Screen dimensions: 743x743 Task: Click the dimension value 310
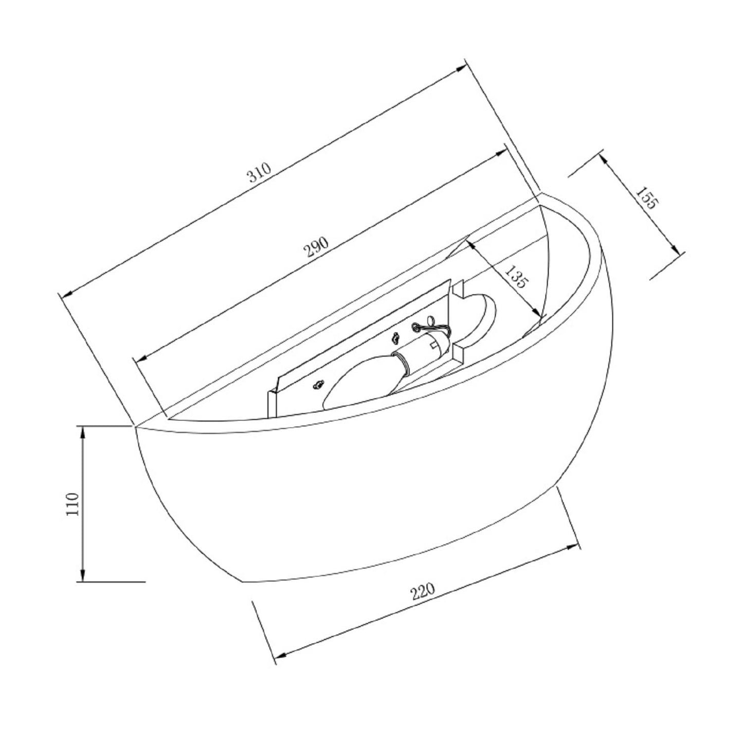[x=260, y=172]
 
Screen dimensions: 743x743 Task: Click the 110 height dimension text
[x=72, y=504]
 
